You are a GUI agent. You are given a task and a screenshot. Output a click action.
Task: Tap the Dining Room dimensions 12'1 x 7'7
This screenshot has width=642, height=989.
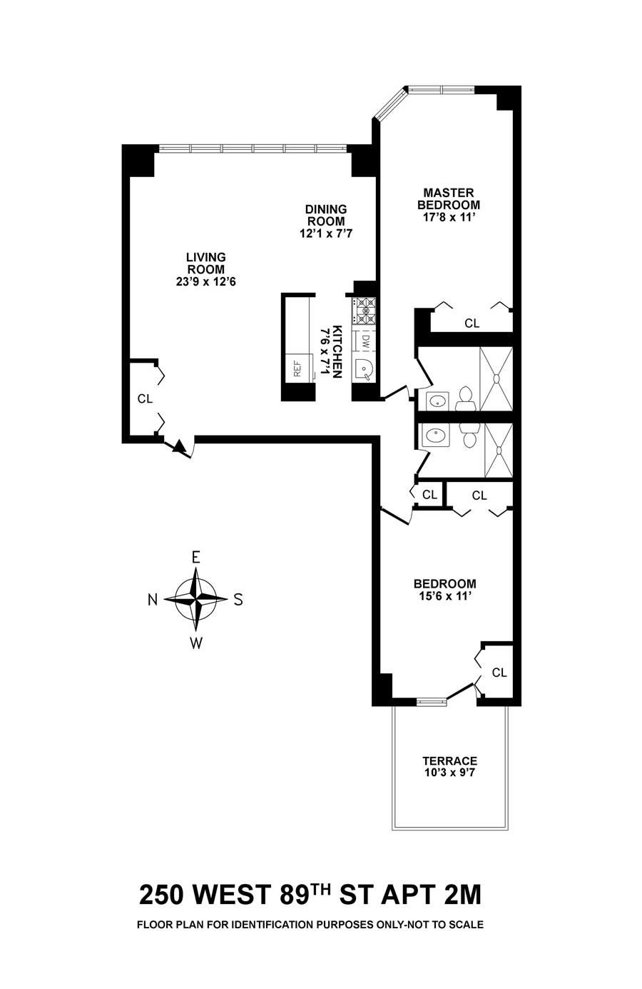(326, 233)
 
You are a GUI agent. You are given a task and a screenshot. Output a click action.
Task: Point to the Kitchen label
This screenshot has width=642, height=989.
(337, 352)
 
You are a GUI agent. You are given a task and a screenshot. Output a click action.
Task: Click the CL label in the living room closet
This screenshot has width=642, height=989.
(145, 399)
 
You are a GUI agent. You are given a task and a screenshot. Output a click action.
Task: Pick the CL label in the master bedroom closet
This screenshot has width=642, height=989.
(472, 323)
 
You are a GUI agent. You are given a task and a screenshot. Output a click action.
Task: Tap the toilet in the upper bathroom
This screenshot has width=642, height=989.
(466, 397)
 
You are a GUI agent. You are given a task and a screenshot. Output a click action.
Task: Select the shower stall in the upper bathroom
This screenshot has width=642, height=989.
(496, 378)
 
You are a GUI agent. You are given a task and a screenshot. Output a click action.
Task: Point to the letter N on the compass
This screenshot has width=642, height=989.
(153, 600)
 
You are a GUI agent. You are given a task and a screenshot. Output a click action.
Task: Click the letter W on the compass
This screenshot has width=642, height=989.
(195, 643)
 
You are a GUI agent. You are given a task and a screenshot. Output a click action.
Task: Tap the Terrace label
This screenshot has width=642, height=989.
(449, 761)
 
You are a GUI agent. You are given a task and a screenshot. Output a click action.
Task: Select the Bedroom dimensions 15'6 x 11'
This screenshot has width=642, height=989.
(444, 595)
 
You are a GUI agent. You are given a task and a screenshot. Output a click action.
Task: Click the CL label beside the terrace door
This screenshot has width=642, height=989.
(499, 673)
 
